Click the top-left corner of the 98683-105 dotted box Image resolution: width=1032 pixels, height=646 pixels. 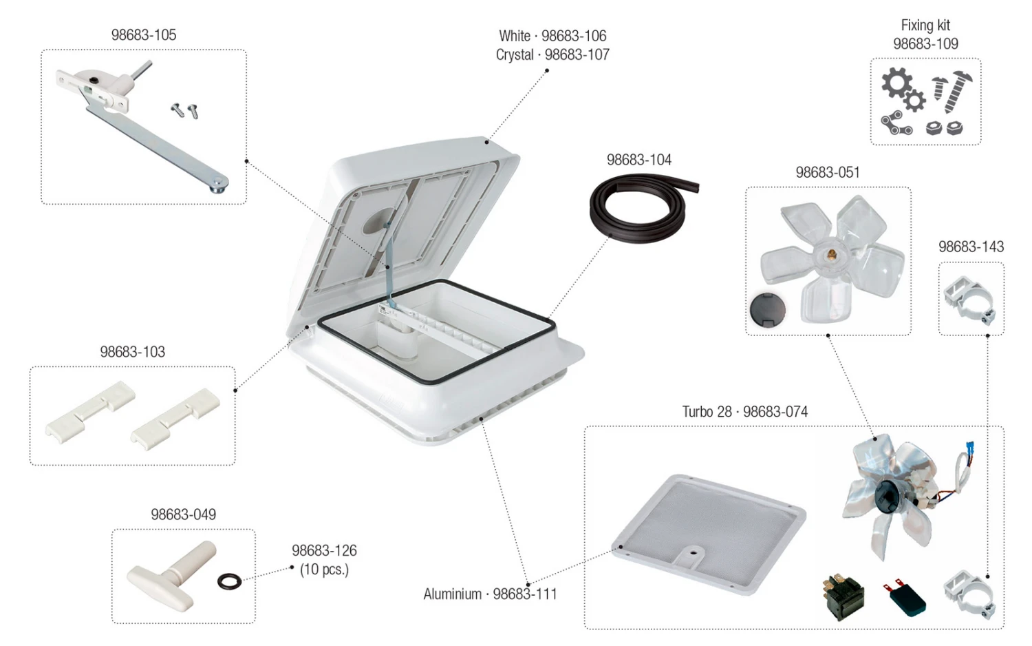[41, 50]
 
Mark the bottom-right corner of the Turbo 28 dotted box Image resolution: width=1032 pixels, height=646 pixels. [1004, 629]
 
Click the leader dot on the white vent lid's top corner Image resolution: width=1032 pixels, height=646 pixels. [487, 143]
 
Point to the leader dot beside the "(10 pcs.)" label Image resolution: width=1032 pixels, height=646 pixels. [292, 567]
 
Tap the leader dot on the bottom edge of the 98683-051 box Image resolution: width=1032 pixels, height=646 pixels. [828, 335]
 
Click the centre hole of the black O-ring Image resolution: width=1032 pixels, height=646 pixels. [229, 581]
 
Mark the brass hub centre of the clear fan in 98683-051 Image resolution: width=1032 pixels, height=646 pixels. [832, 253]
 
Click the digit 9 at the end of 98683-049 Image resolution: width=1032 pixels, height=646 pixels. [212, 514]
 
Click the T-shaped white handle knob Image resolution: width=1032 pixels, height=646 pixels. [171, 576]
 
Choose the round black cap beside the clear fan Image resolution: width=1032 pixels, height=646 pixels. [767, 310]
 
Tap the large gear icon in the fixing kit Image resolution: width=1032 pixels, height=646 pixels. [896, 83]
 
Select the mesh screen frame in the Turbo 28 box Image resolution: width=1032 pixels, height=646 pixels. [709, 534]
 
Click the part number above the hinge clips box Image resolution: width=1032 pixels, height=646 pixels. [133, 352]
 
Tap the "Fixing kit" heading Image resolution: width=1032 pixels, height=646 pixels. [925, 25]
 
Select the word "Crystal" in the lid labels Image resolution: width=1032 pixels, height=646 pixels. [515, 55]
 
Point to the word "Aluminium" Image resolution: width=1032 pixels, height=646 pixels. [453, 594]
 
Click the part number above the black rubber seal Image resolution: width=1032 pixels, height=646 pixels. [639, 160]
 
